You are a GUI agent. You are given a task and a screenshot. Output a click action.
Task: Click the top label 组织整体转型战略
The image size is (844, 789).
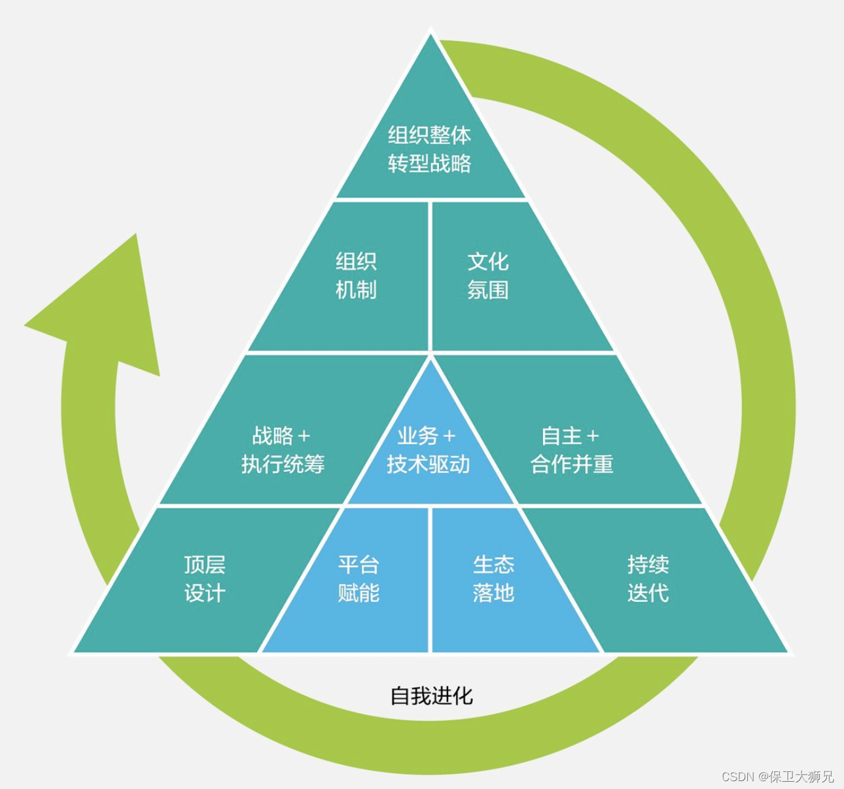[429, 149]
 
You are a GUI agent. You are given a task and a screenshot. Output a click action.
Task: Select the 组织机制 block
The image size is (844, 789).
[356, 275]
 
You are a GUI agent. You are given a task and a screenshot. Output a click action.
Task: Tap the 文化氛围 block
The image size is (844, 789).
[488, 275]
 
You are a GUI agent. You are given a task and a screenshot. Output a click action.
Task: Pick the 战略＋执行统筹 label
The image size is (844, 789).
[283, 449]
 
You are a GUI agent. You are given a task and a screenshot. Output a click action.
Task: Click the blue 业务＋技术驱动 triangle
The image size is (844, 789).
[429, 449]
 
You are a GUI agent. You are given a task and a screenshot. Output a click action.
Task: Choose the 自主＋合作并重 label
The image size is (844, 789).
[572, 449]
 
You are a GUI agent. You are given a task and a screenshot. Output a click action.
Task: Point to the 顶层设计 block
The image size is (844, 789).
[204, 579]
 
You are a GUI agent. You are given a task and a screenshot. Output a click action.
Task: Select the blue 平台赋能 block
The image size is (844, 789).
[359, 579]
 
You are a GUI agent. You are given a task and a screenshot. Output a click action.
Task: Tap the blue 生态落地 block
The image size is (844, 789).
[493, 579]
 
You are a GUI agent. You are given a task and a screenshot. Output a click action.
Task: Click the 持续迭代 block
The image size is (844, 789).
[648, 579]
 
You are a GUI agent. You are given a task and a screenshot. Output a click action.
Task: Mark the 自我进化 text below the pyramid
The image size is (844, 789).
[431, 695]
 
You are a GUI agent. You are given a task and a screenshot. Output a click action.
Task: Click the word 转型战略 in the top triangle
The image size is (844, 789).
[429, 164]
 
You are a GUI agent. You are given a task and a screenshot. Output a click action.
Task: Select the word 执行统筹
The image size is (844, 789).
[283, 464]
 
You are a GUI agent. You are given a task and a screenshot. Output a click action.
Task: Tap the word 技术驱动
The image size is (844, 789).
[429, 464]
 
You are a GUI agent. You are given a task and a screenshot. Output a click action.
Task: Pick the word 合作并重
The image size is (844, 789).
[572, 464]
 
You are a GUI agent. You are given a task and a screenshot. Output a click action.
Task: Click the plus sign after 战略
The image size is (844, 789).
[304, 436]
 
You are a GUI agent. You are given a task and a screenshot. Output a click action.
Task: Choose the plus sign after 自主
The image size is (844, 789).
[593, 436]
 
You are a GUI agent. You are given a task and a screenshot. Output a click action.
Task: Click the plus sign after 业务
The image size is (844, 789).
[449, 436]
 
